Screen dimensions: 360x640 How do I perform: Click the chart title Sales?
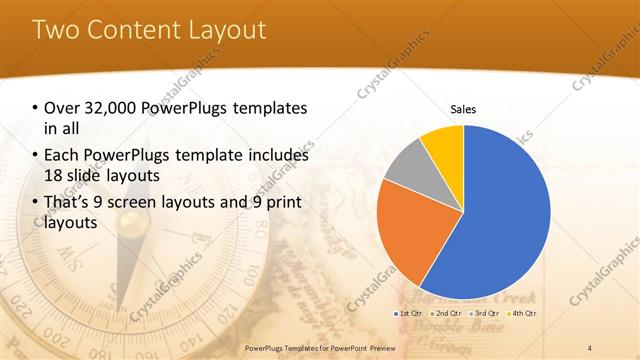[463, 109]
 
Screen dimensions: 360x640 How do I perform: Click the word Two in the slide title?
[57, 29]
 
